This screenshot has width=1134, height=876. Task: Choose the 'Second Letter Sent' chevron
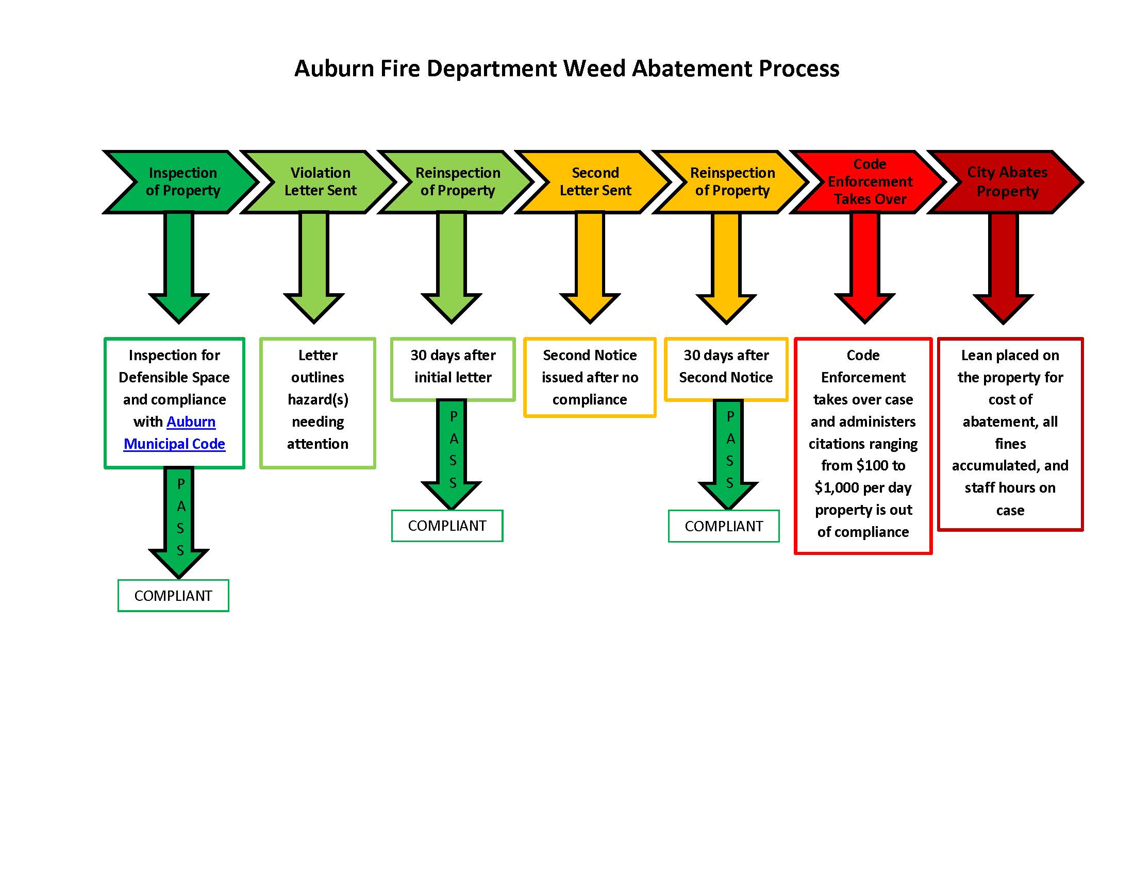[x=595, y=181]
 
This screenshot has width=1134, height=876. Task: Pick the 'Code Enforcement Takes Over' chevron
[x=870, y=181]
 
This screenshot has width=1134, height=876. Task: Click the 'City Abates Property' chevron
[x=1007, y=181]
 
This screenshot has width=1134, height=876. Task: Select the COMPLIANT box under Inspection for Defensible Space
[x=173, y=596]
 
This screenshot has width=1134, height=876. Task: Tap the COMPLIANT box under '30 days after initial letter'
[x=447, y=526]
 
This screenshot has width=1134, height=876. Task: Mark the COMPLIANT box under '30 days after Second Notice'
[x=724, y=526]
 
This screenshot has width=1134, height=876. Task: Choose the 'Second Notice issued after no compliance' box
[x=590, y=377]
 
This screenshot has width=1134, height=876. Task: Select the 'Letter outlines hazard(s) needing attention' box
[x=318, y=399]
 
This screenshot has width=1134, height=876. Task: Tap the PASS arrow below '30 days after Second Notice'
[x=728, y=451]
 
